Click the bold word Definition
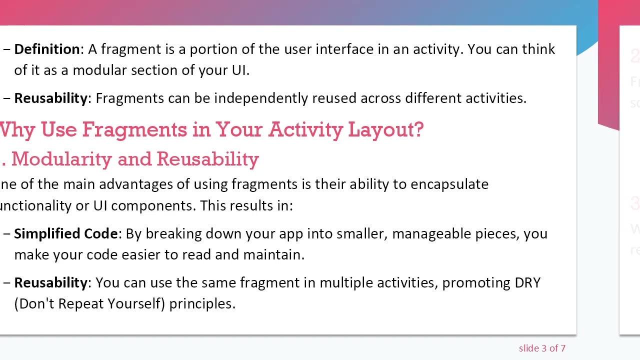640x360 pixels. tap(47, 49)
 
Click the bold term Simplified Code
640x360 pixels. tap(65, 234)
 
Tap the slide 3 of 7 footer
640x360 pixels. tap(542, 348)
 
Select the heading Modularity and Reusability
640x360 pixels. tap(135, 159)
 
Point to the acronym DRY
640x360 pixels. tap(527, 283)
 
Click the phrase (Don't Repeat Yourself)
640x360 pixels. tap(89, 304)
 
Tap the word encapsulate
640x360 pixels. tap(449, 184)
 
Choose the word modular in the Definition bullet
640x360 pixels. tap(99, 70)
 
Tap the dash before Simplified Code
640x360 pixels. tap(6, 234)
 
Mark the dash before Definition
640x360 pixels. tap(6, 49)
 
